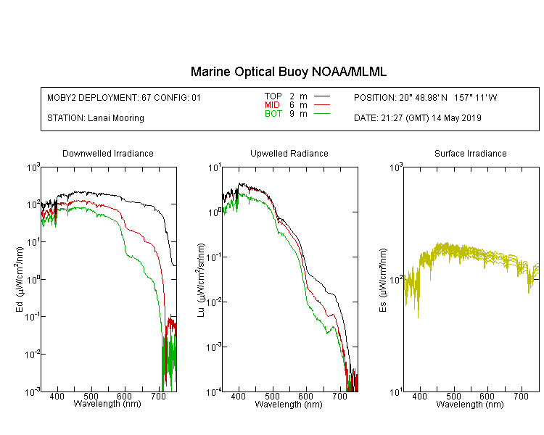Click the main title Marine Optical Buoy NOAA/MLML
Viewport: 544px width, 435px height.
pos(288,72)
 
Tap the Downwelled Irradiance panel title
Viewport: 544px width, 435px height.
pos(108,153)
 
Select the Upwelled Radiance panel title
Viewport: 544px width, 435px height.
pos(289,153)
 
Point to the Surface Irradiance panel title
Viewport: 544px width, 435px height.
pos(471,153)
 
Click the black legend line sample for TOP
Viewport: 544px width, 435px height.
pos(321,96)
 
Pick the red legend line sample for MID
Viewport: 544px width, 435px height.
pos(321,104)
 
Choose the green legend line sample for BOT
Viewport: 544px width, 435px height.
pos(321,113)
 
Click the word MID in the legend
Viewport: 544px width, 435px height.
pos(272,104)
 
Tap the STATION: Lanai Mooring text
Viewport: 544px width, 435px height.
pos(96,118)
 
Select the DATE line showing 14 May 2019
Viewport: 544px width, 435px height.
pos(417,118)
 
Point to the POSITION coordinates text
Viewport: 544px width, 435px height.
pos(425,97)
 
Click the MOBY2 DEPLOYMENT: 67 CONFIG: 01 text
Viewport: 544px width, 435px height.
pos(124,97)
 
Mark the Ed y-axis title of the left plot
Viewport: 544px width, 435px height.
pos(20,279)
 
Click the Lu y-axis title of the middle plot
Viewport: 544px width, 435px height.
pos(201,280)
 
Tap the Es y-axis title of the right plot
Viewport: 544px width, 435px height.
pos(383,280)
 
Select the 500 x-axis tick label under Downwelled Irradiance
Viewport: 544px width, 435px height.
pos(91,396)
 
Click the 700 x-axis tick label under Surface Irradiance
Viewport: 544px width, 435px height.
pos(521,396)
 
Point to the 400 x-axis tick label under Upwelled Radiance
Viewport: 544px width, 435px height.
pos(239,396)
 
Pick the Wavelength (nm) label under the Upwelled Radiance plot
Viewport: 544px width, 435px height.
pos(289,405)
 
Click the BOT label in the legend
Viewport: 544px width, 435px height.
pos(273,113)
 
